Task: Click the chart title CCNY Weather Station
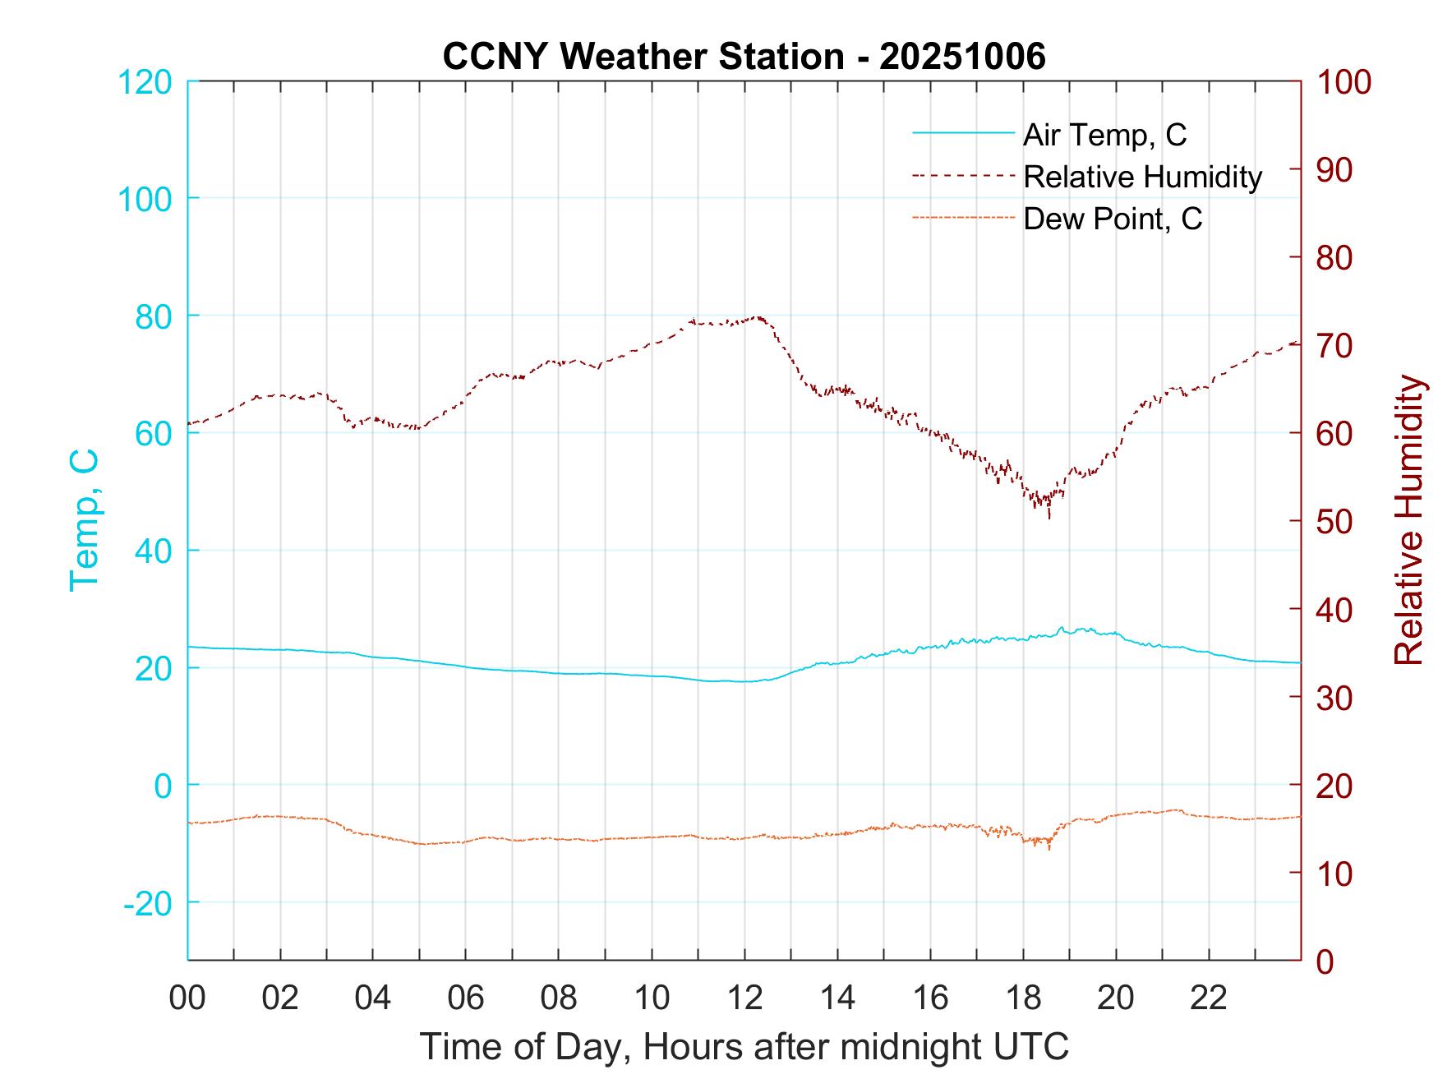click(744, 56)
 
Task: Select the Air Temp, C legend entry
click(1104, 135)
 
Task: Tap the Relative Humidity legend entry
click(1142, 177)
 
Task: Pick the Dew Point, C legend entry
click(1113, 219)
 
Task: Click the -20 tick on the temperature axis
click(147, 902)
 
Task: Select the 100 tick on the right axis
click(1344, 82)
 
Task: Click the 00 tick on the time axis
click(187, 998)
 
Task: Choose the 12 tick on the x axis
click(744, 998)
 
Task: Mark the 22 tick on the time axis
click(1209, 998)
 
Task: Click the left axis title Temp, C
click(84, 520)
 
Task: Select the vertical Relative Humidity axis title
click(1408, 520)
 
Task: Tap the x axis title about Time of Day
click(744, 1047)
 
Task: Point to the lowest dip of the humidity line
click(1049, 517)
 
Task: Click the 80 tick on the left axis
click(153, 316)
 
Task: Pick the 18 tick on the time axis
click(1023, 998)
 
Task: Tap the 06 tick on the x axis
click(466, 998)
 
